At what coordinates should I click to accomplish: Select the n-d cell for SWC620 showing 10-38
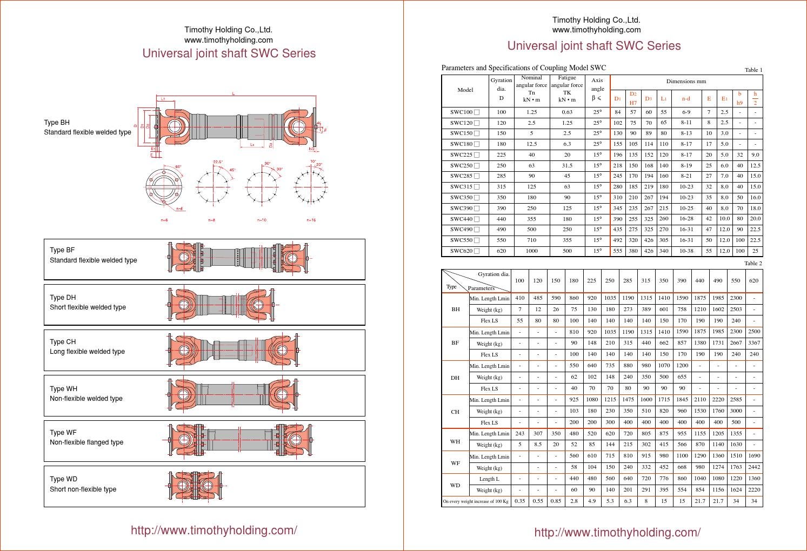(x=686, y=251)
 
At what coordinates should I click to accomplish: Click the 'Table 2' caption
(x=753, y=264)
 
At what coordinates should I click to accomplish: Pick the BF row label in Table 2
(x=455, y=343)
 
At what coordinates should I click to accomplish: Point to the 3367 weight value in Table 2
(x=753, y=343)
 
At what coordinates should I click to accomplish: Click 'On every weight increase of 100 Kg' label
(x=476, y=501)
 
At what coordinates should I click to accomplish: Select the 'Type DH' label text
(x=63, y=298)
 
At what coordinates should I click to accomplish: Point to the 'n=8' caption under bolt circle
(x=211, y=220)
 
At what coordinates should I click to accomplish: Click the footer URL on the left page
(x=214, y=530)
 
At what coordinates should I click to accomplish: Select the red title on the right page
(x=593, y=46)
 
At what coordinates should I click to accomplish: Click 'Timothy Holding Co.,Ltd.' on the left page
(x=228, y=30)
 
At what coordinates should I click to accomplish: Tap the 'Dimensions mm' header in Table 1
(x=686, y=82)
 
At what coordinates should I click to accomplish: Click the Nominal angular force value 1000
(x=531, y=251)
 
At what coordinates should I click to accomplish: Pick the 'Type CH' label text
(x=63, y=342)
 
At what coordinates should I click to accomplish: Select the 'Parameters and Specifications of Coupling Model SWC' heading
(x=523, y=68)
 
